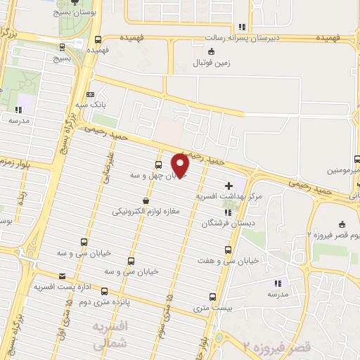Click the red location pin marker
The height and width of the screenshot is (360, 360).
(181, 165)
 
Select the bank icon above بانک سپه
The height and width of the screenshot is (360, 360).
(89, 94)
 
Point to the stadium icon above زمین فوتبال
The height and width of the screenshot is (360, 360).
(211, 51)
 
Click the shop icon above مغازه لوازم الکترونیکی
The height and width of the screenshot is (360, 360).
(145, 200)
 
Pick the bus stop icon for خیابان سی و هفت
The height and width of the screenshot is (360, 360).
(227, 249)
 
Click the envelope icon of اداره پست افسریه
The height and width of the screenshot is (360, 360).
(62, 276)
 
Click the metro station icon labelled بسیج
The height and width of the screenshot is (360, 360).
(63, 47)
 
